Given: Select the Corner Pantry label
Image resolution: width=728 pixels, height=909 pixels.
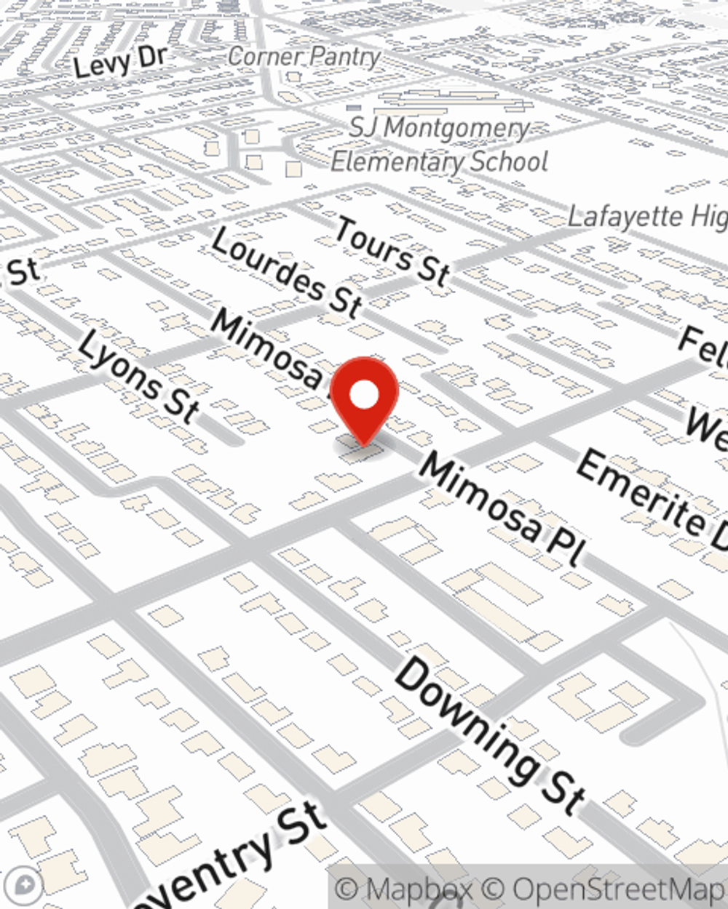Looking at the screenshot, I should [x=304, y=57].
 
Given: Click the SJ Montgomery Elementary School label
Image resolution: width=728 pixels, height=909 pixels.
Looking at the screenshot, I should [x=439, y=145].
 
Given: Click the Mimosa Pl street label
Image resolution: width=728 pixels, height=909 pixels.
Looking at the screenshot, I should [x=503, y=508].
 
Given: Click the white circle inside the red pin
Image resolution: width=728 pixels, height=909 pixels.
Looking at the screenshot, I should [x=364, y=396].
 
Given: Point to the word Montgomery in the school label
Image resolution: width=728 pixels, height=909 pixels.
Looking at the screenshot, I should [x=456, y=129].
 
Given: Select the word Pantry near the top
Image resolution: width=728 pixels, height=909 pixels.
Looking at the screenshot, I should [x=343, y=57].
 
